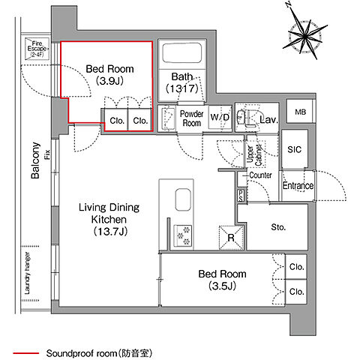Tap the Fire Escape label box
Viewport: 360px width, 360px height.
pyautogui.click(x=36, y=47)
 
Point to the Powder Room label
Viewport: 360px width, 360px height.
pyautogui.click(x=192, y=118)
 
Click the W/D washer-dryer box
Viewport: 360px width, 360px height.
pyautogui.click(x=220, y=118)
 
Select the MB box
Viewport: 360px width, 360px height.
pyautogui.click(x=300, y=112)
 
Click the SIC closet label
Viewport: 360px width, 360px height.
pyautogui.click(x=294, y=149)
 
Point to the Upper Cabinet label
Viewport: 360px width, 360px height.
pyautogui.click(x=259, y=154)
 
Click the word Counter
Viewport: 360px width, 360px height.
pyautogui.click(x=260, y=175)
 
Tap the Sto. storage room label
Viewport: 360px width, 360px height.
pyautogui.click(x=278, y=226)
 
